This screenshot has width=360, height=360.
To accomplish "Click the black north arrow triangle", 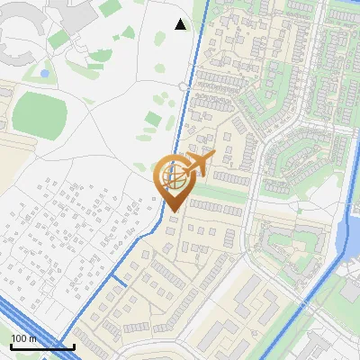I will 181,24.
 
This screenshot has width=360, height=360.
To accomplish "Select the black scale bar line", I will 41,346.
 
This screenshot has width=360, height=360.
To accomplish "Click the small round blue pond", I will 44,72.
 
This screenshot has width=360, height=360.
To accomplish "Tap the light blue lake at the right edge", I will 346,238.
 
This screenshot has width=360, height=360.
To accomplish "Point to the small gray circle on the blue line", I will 183,86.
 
